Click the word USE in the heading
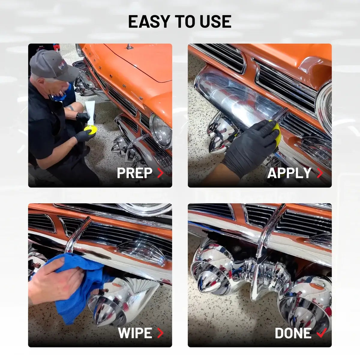pyautogui.click(x=215, y=22)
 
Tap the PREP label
pyautogui.click(x=134, y=173)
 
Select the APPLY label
pyautogui.click(x=289, y=173)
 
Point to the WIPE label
pyautogui.click(x=135, y=333)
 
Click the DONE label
pyautogui.click(x=293, y=333)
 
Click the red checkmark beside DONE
pyautogui.click(x=322, y=333)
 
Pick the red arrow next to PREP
pyautogui.click(x=160, y=173)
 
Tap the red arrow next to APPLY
pyautogui.click(x=320, y=173)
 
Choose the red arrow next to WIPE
pyautogui.click(x=160, y=333)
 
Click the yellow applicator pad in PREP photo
pyautogui.click(x=90, y=130)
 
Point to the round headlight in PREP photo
pyautogui.click(x=161, y=131)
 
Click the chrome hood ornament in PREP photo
pyautogui.click(x=130, y=47)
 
